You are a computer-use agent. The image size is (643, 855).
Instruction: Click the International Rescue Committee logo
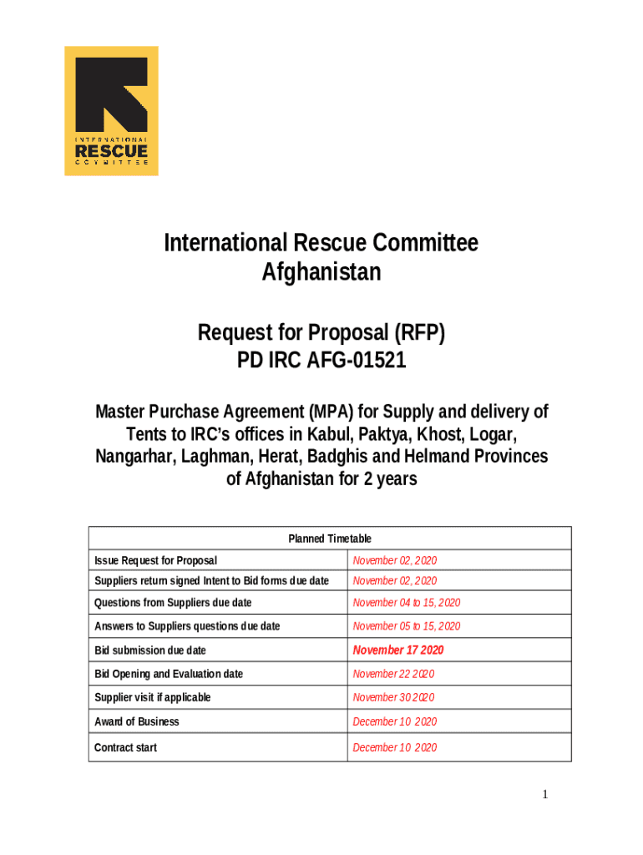pos(111,110)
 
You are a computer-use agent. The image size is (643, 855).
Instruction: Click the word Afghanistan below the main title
pos(321,272)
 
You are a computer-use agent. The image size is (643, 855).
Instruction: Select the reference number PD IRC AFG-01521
pos(321,362)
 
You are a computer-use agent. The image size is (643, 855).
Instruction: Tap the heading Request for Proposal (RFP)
pos(321,333)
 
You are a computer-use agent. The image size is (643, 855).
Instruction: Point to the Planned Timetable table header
pos(330,539)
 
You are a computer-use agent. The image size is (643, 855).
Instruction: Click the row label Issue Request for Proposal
pos(156,560)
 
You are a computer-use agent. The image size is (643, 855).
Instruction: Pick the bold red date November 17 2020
pos(398,650)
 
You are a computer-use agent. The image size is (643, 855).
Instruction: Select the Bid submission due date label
pos(150,650)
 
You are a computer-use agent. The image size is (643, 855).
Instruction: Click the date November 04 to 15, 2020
pos(407,603)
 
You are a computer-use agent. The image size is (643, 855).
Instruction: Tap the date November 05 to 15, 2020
pos(407,626)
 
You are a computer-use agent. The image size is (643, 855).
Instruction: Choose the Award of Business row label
pos(137,721)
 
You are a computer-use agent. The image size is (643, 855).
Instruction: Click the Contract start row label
pos(126,747)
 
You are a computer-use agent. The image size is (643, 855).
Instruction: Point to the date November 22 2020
pos(393,674)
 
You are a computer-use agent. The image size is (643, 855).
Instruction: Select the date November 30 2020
pos(393,697)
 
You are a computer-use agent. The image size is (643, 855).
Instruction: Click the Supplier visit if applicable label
pos(153,697)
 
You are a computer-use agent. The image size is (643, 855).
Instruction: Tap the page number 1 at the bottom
pos(545,794)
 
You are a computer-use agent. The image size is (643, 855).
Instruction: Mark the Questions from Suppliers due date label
pos(174,603)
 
